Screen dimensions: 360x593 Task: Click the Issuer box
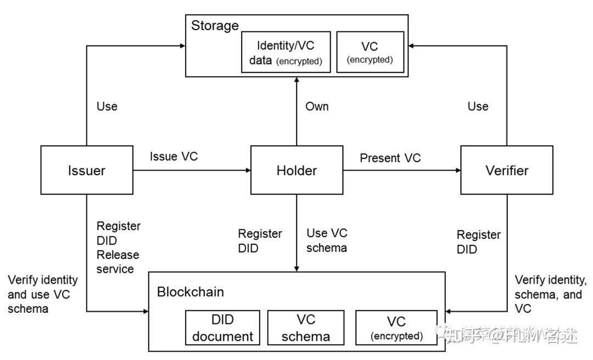click(x=87, y=170)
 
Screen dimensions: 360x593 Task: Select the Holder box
click(x=296, y=170)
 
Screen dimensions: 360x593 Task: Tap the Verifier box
click(x=507, y=170)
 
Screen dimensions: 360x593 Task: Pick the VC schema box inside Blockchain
click(x=306, y=328)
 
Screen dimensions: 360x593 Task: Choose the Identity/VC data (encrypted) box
click(x=286, y=52)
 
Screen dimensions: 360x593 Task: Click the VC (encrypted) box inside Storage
click(x=370, y=52)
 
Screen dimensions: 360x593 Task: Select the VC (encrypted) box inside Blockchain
click(x=396, y=328)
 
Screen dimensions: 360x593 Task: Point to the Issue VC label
click(x=174, y=156)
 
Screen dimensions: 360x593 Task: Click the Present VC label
click(x=390, y=158)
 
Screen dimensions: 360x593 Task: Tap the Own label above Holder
click(x=317, y=106)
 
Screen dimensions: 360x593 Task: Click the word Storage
click(x=215, y=25)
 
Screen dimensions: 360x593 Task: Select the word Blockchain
click(x=190, y=291)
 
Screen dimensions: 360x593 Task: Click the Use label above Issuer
click(x=107, y=106)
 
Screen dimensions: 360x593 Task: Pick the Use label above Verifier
click(x=478, y=106)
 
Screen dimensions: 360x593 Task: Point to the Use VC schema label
click(x=327, y=240)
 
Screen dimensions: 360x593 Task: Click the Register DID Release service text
click(x=118, y=248)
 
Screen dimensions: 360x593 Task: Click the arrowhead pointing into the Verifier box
click(x=457, y=170)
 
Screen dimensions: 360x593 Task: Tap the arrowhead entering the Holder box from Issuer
click(x=247, y=170)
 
